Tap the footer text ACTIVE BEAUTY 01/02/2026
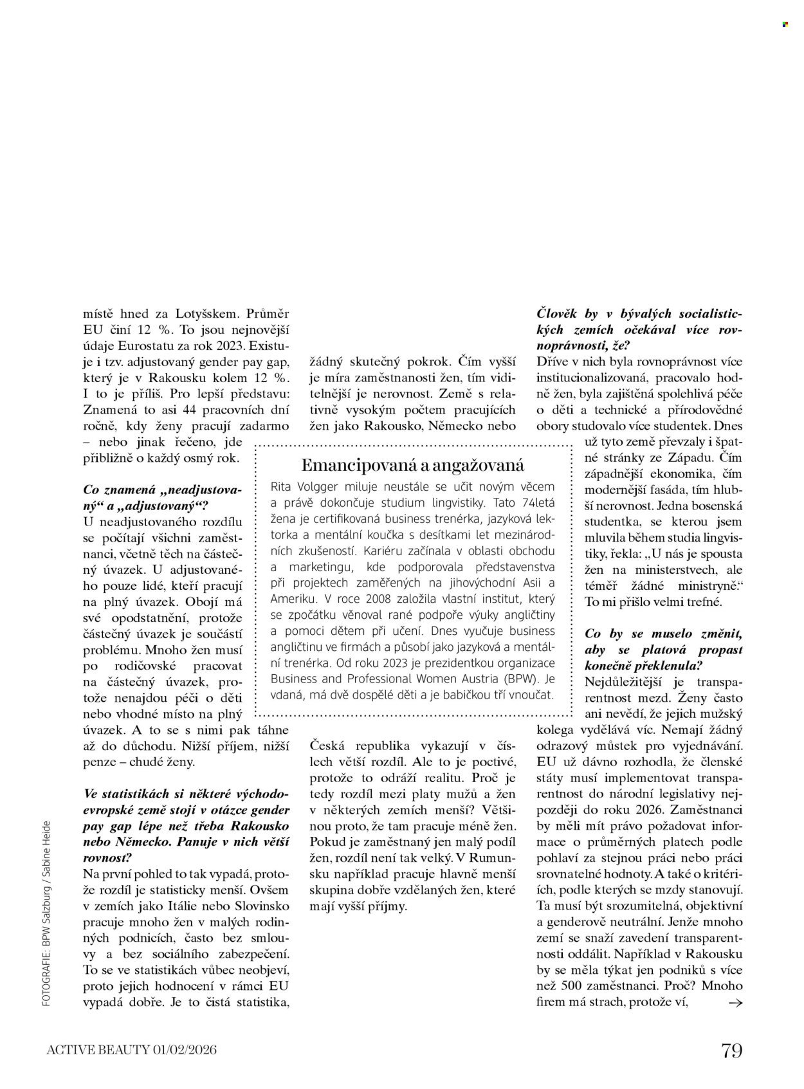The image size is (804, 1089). point(132,1050)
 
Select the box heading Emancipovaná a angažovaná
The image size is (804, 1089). point(412,464)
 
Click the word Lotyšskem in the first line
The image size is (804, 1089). point(207,314)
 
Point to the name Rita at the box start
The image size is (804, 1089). point(283,486)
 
